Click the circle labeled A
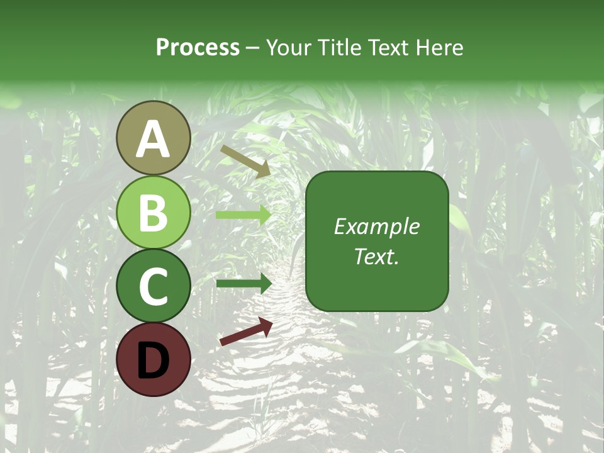[x=153, y=138]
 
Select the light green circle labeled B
[x=153, y=212]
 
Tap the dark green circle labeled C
[x=153, y=286]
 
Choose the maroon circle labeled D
[x=153, y=359]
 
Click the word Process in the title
[x=198, y=48]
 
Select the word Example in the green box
[x=377, y=226]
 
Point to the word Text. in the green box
[x=377, y=256]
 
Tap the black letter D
[x=153, y=361]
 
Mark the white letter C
[x=153, y=286]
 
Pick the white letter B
[x=153, y=213]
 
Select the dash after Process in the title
[x=253, y=48]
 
